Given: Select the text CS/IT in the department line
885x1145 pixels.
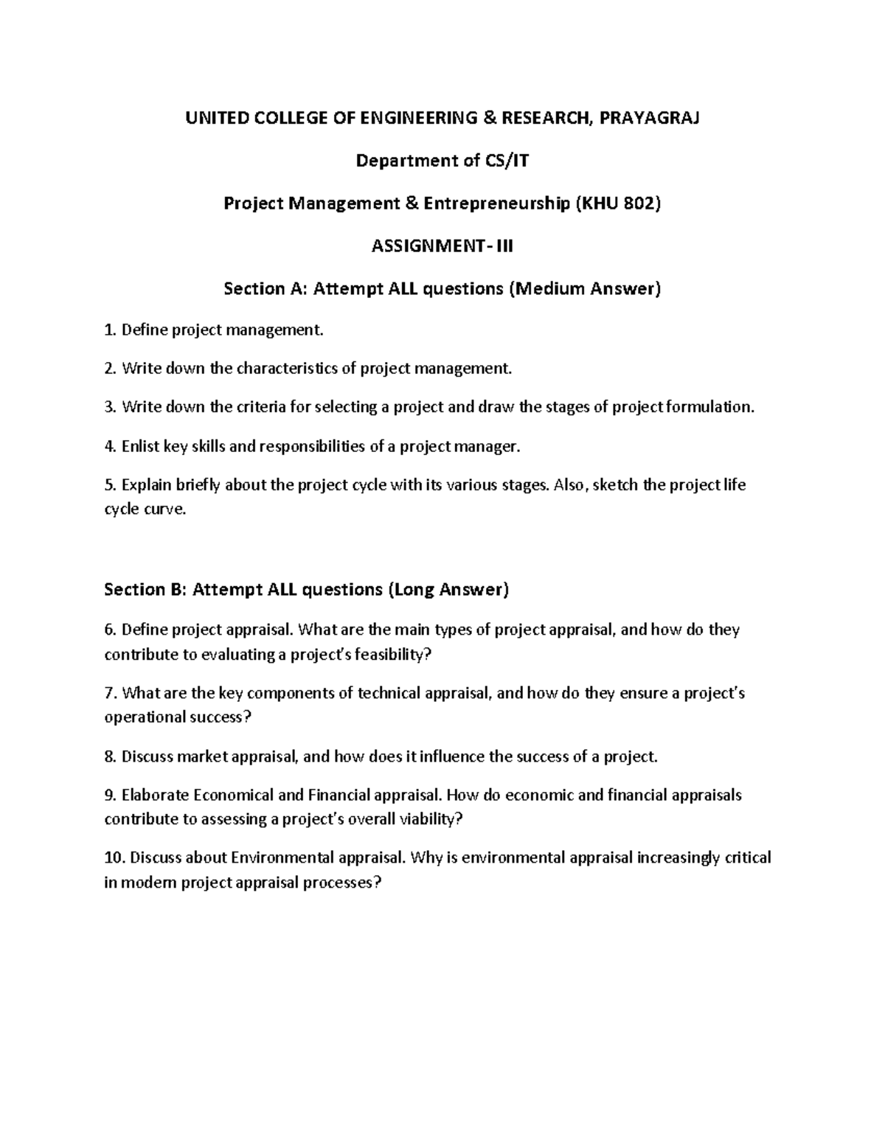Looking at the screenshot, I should tap(506, 160).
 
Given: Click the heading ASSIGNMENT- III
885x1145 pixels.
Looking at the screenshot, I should tap(442, 246).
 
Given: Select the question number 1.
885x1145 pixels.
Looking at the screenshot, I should tap(109, 330).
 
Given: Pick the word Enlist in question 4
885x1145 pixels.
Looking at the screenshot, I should tap(140, 446).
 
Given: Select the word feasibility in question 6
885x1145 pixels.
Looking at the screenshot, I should tap(392, 655).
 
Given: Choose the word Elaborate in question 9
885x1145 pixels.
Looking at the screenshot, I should tap(155, 795).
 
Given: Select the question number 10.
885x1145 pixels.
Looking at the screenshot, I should tap(115, 857).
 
